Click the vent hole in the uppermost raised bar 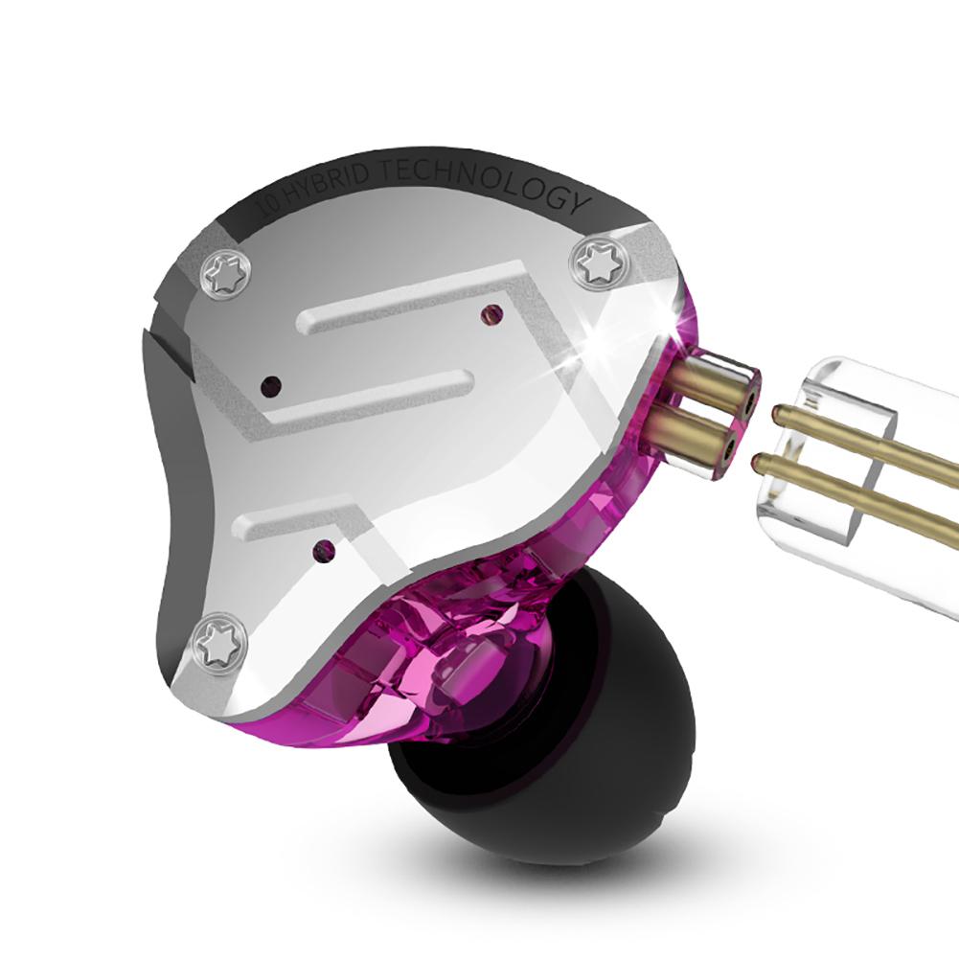click(493, 313)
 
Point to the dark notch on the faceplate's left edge click(163, 345)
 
